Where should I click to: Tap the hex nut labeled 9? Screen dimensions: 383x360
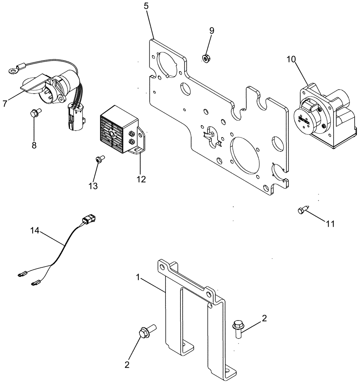point(205,58)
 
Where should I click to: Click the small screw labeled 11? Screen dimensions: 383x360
point(301,210)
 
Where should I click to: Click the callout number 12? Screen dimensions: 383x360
point(141,179)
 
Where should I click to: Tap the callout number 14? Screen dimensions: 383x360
point(35,231)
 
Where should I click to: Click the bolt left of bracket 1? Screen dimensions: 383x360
point(146,331)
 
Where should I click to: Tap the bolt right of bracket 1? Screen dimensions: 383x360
point(237,328)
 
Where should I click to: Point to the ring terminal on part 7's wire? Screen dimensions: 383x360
point(13,70)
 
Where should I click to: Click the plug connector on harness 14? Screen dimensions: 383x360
point(87,221)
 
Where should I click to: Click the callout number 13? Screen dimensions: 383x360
point(93,186)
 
